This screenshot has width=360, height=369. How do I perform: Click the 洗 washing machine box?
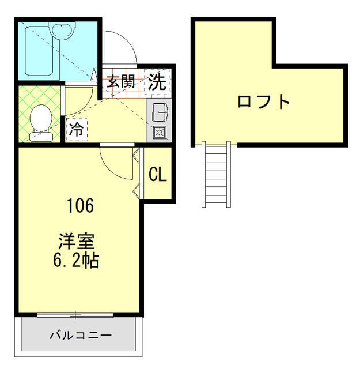(157, 81)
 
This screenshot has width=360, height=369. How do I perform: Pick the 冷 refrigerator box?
(76, 129)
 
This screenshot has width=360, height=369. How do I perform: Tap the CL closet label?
(157, 174)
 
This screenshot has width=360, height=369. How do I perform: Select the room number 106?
(80, 205)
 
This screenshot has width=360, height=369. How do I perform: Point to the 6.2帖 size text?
(76, 261)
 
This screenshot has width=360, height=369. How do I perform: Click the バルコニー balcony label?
(80, 334)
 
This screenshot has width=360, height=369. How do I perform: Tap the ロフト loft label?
(264, 101)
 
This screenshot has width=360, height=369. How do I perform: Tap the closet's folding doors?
(137, 173)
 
